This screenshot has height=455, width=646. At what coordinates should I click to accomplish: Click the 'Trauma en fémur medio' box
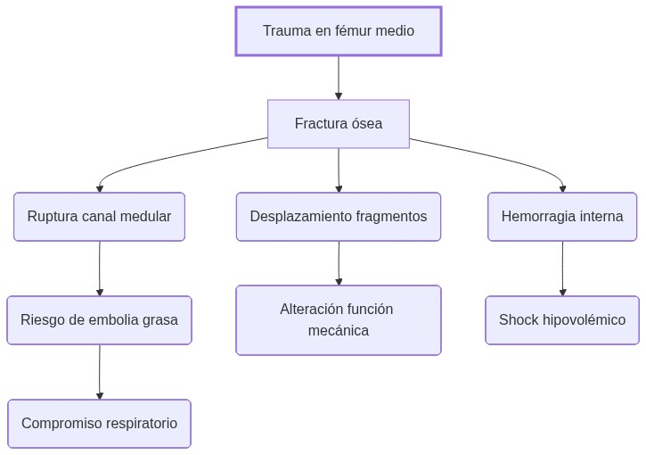coord(338,31)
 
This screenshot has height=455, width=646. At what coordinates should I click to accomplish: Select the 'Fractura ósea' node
coord(338,124)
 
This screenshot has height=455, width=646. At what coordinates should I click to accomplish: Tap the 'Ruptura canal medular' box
coord(99,217)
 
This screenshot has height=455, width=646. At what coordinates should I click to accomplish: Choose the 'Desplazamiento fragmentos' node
coord(338,217)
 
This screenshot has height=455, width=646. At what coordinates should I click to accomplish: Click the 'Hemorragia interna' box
coord(562,217)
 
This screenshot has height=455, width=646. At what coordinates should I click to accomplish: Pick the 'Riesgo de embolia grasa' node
coord(99,320)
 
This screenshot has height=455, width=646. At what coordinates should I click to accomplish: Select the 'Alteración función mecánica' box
coord(338,320)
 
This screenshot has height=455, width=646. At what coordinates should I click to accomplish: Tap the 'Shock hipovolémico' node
coord(562,320)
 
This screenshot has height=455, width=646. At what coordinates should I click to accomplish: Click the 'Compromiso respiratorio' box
coord(99,424)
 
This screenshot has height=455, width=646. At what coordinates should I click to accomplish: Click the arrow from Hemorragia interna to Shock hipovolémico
coord(562,269)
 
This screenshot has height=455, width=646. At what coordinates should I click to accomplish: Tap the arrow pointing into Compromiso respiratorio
coord(100,372)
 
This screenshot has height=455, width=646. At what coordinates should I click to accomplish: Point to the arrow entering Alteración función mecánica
coord(339,263)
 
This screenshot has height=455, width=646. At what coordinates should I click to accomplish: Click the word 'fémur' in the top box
coord(356,31)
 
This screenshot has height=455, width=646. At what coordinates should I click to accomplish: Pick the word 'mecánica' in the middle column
coord(338,331)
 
